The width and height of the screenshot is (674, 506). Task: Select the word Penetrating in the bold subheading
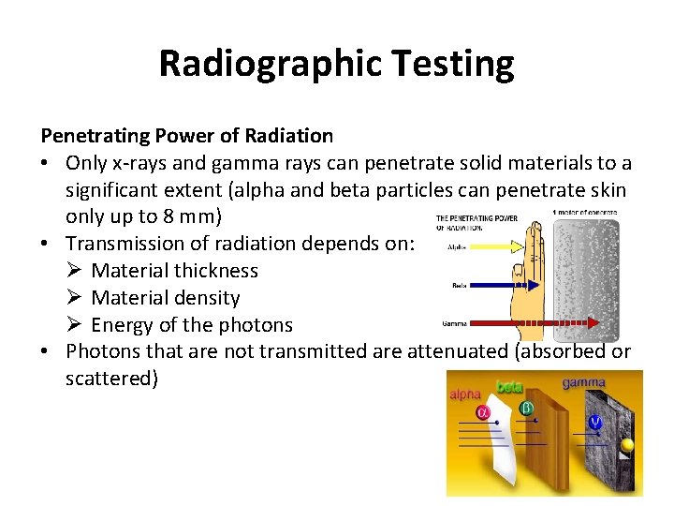(93, 136)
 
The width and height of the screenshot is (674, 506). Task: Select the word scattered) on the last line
(110, 379)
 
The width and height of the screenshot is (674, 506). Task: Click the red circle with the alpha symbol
(484, 413)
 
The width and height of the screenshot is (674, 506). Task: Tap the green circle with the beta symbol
(527, 409)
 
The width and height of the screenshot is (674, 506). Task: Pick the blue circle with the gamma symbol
(594, 422)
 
